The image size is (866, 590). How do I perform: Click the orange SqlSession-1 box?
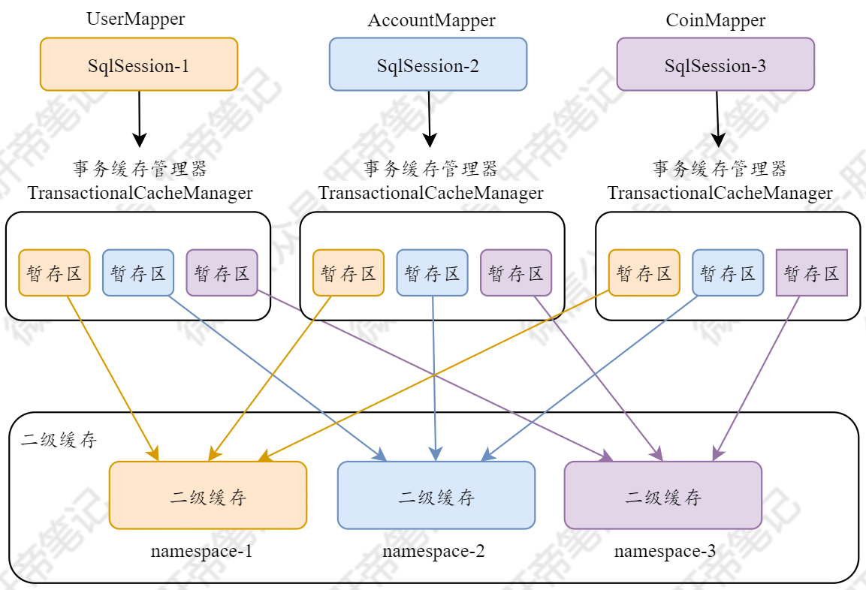pos(139,65)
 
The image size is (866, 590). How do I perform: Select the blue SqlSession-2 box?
pos(428,65)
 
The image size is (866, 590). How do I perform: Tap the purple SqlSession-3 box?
pos(715,65)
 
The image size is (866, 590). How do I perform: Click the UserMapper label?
pos(136,20)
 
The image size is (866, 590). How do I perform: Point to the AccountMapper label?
pos(431,20)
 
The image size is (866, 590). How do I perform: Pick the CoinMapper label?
pos(715,20)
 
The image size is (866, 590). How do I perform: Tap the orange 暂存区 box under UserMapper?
pos(54,272)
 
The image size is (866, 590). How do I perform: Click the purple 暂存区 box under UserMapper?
pos(222,272)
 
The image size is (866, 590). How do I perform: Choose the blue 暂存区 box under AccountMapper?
pos(432,272)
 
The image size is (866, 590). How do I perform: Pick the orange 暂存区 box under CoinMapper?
pos(644,272)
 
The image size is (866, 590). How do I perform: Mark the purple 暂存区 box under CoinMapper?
pos(811,272)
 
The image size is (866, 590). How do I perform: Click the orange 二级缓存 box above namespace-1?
pos(208,495)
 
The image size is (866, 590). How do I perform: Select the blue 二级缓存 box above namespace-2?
pos(436,495)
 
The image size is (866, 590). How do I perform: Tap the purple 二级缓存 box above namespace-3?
pos(663,495)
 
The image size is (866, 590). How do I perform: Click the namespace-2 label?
pos(433,552)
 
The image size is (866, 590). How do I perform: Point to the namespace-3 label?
pos(665,552)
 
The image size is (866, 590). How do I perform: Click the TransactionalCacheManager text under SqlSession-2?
pos(431,193)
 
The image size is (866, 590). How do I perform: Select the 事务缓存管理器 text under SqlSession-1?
pos(140,167)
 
